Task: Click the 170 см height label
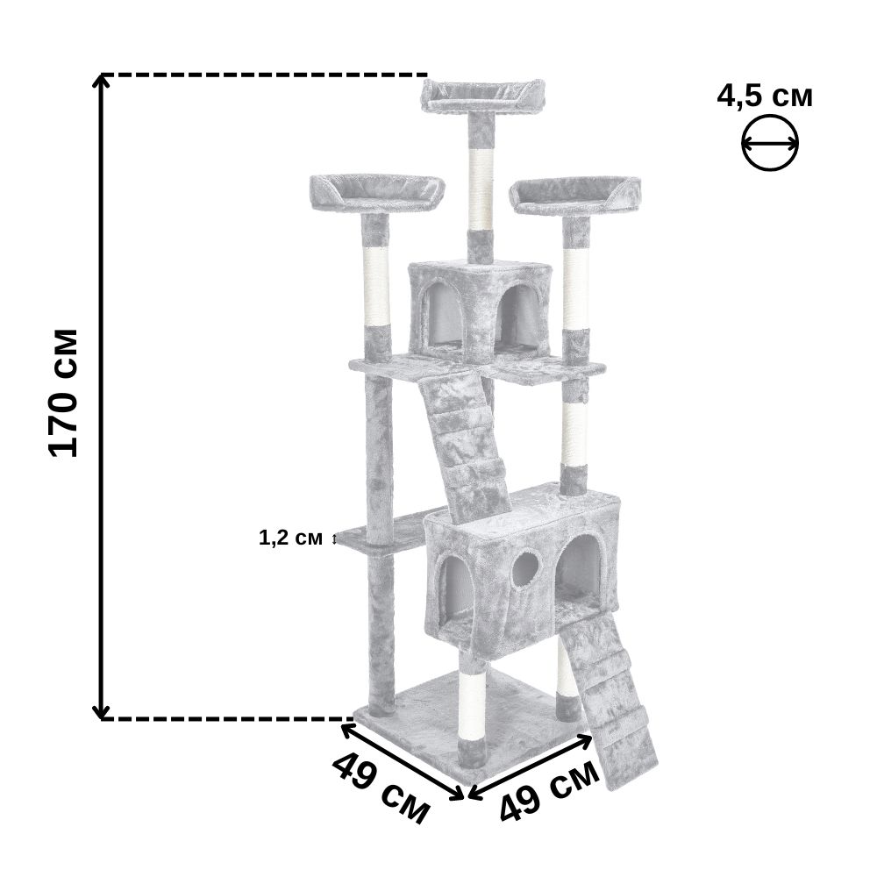click(63, 393)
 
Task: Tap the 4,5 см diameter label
click(765, 96)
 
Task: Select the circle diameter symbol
click(770, 143)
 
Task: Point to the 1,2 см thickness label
click(290, 538)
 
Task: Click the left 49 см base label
click(381, 789)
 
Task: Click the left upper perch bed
click(377, 193)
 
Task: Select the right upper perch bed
click(575, 196)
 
